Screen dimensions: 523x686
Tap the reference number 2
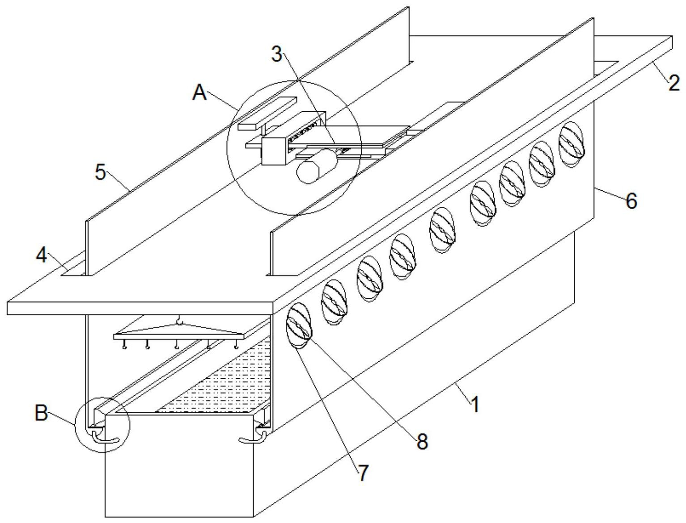click(x=674, y=83)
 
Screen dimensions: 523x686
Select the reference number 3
click(x=277, y=54)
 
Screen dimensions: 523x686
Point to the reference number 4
click(x=42, y=255)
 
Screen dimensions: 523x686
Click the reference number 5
click(x=101, y=172)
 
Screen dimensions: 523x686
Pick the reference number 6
click(x=631, y=201)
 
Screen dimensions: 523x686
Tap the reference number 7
click(x=363, y=473)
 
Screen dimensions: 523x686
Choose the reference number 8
click(x=422, y=441)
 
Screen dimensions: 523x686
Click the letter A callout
click(x=200, y=93)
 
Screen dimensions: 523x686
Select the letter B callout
click(x=41, y=413)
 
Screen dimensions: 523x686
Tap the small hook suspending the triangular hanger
click(x=180, y=320)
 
